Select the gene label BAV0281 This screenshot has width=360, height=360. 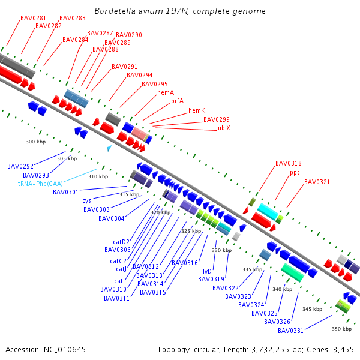point(33,18)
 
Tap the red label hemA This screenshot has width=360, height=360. point(166,92)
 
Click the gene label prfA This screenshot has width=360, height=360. point(177,101)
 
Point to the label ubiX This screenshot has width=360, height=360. point(224,128)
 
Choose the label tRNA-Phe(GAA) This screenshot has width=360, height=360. point(40,184)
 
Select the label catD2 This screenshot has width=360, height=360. point(121,242)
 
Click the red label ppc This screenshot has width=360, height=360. point(295,172)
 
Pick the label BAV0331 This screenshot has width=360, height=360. point(290,331)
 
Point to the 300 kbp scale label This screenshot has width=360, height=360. point(36,142)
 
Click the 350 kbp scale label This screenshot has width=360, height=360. point(341,329)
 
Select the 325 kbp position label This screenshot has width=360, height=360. point(191,231)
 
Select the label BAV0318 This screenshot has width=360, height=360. point(288,163)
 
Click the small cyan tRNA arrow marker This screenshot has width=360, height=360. point(109,148)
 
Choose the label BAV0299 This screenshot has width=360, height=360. point(216,119)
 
